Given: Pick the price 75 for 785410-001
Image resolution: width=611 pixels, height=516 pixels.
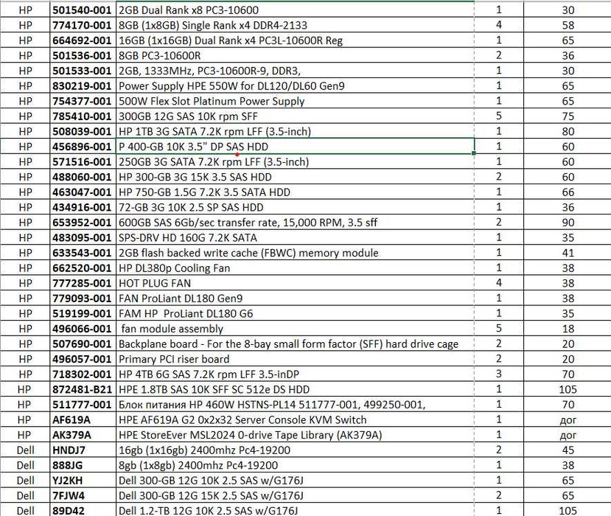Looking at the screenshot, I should pyautogui.click(x=568, y=116).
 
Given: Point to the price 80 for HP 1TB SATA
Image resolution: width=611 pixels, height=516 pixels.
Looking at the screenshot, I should pyautogui.click(x=568, y=132).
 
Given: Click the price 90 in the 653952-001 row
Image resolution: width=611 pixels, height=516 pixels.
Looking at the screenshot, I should pyautogui.click(x=568, y=223).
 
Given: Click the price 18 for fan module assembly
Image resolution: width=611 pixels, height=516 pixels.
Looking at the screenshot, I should pyautogui.click(x=568, y=329).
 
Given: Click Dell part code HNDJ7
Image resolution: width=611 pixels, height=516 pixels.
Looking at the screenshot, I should pyautogui.click(x=70, y=450).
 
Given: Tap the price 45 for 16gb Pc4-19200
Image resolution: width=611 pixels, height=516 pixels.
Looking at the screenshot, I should pyautogui.click(x=568, y=450).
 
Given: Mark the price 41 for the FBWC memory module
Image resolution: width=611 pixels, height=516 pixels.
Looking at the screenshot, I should pyautogui.click(x=568, y=254).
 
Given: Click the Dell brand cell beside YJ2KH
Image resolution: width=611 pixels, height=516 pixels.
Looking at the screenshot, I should pyautogui.click(x=25, y=481).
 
